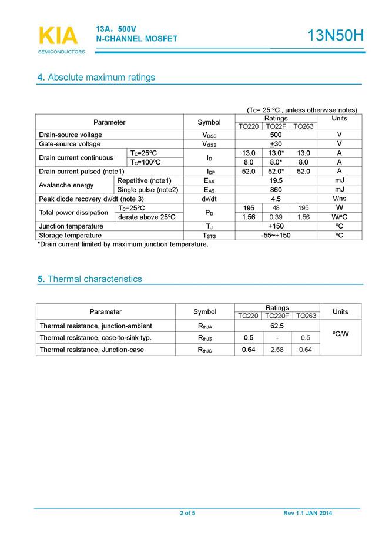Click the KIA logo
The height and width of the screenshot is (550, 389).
[x=58, y=36]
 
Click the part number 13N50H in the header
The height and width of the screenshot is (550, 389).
[x=336, y=36]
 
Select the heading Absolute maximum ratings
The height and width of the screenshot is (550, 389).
[x=96, y=78]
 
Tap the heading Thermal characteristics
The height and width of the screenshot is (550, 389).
[x=89, y=279]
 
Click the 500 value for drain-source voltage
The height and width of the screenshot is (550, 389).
[x=276, y=135]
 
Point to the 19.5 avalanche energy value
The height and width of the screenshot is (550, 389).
[x=276, y=180]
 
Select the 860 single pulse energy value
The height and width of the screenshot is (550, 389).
[x=276, y=190]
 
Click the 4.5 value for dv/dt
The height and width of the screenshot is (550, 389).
[x=276, y=199]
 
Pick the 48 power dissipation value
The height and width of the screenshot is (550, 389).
[x=276, y=208]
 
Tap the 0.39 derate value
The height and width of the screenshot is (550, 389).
[x=276, y=217]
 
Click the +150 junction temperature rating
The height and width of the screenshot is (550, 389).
[x=276, y=226]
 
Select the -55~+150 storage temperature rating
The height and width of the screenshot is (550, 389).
[x=276, y=235]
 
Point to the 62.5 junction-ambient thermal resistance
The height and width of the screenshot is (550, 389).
[x=277, y=326]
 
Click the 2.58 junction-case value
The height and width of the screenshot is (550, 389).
[x=277, y=350]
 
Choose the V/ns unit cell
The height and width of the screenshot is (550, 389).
[x=340, y=199]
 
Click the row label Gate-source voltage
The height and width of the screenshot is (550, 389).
[x=70, y=144]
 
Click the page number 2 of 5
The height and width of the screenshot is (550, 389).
[x=187, y=514]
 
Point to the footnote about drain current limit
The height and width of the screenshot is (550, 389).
[x=123, y=244]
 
